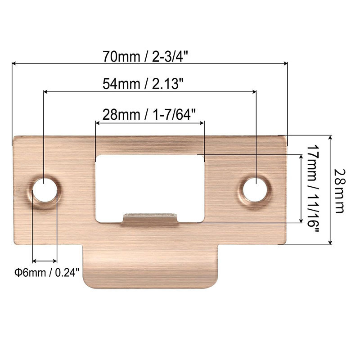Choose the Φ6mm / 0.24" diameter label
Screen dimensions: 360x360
click(x=47, y=272)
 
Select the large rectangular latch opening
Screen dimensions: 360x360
click(x=150, y=182)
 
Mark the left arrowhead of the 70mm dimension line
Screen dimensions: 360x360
click(x=14, y=64)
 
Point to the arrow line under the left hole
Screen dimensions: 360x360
click(x=45, y=261)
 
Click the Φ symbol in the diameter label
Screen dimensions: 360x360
click(x=17, y=272)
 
